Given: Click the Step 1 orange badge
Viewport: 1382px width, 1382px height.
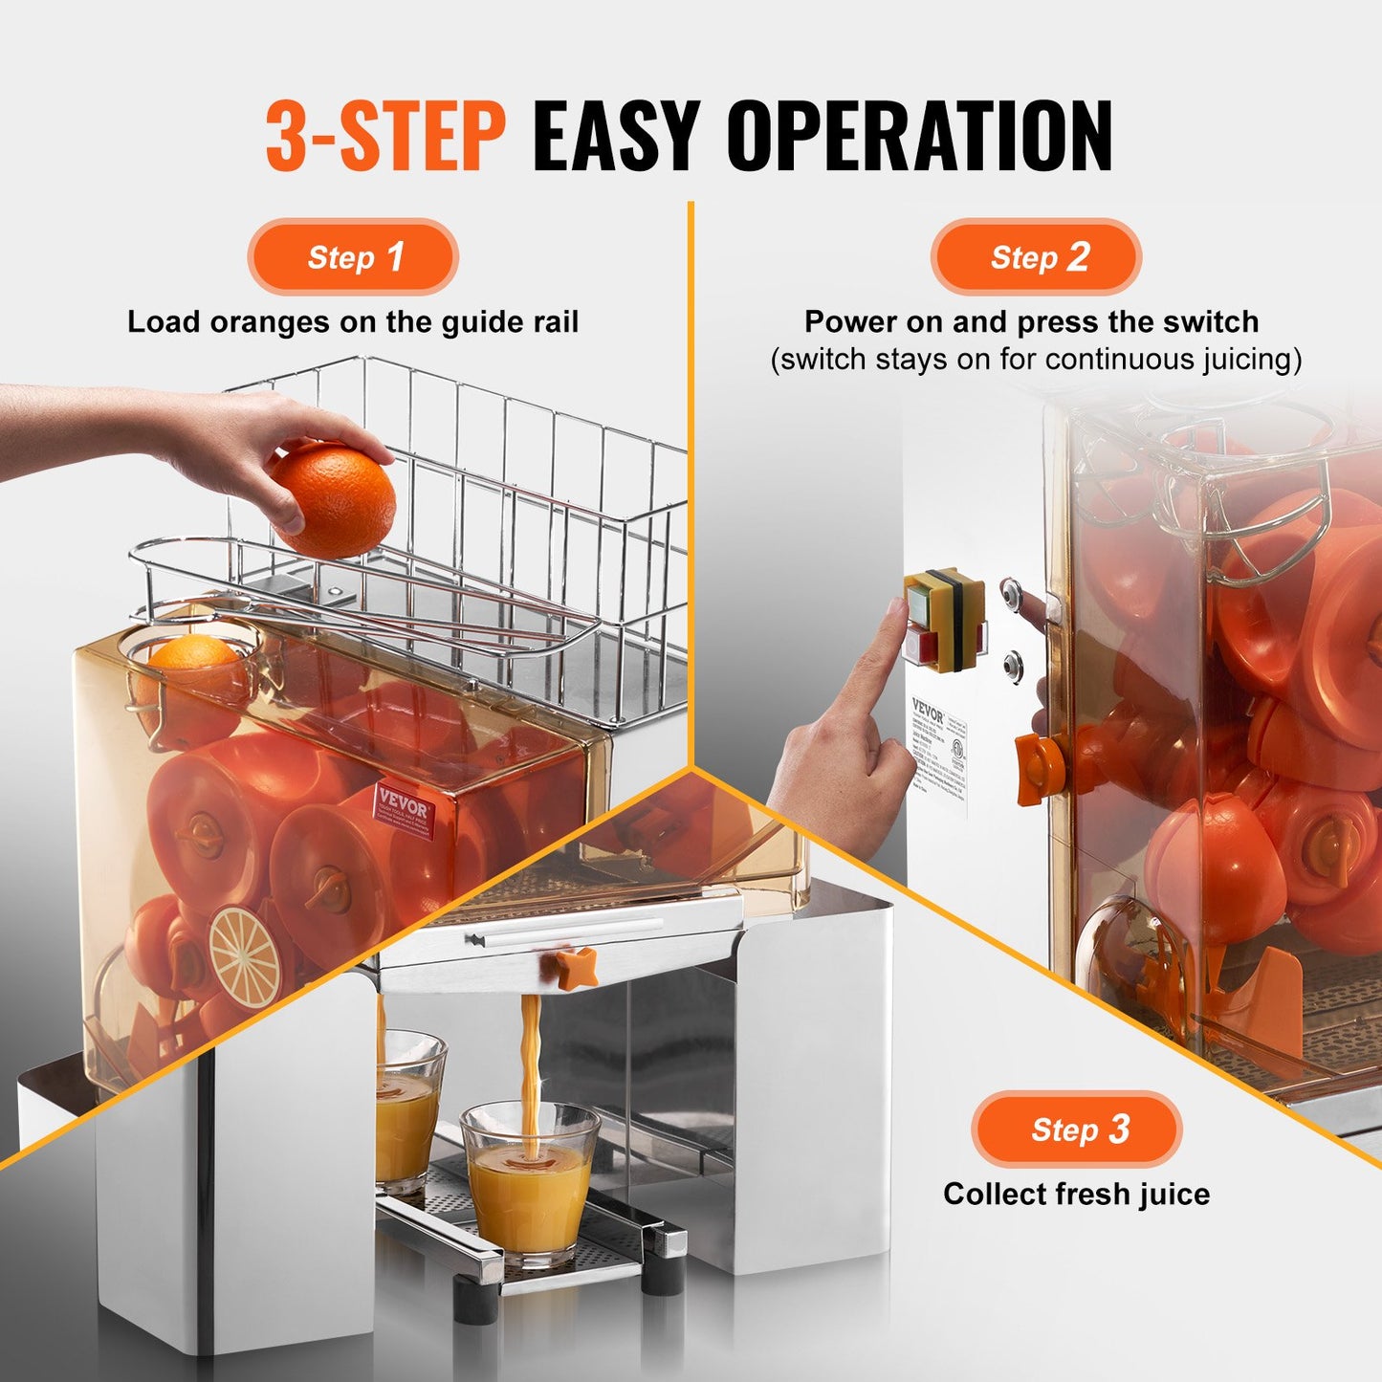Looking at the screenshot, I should click(x=353, y=257).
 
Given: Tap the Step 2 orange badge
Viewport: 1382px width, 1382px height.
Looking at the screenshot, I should click(x=1036, y=257).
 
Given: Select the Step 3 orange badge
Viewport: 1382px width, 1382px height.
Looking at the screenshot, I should click(x=1077, y=1130).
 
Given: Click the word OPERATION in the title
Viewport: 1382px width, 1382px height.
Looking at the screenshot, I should click(x=918, y=137).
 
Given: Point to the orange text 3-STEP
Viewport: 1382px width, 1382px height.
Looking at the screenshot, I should click(x=385, y=137).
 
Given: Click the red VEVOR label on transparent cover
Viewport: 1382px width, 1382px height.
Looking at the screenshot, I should click(x=405, y=811).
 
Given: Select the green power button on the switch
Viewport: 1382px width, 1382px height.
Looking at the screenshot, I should click(x=917, y=601).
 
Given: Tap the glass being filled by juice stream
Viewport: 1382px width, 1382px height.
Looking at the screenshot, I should click(x=529, y=1186).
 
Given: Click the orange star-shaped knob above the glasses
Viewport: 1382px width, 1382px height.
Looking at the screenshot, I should click(x=577, y=968).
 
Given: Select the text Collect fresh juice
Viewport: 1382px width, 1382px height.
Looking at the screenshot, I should click(x=1076, y=1194).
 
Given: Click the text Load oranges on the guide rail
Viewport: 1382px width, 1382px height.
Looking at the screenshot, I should click(x=353, y=322).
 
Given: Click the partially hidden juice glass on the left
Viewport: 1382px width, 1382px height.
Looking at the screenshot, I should click(x=407, y=1109).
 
